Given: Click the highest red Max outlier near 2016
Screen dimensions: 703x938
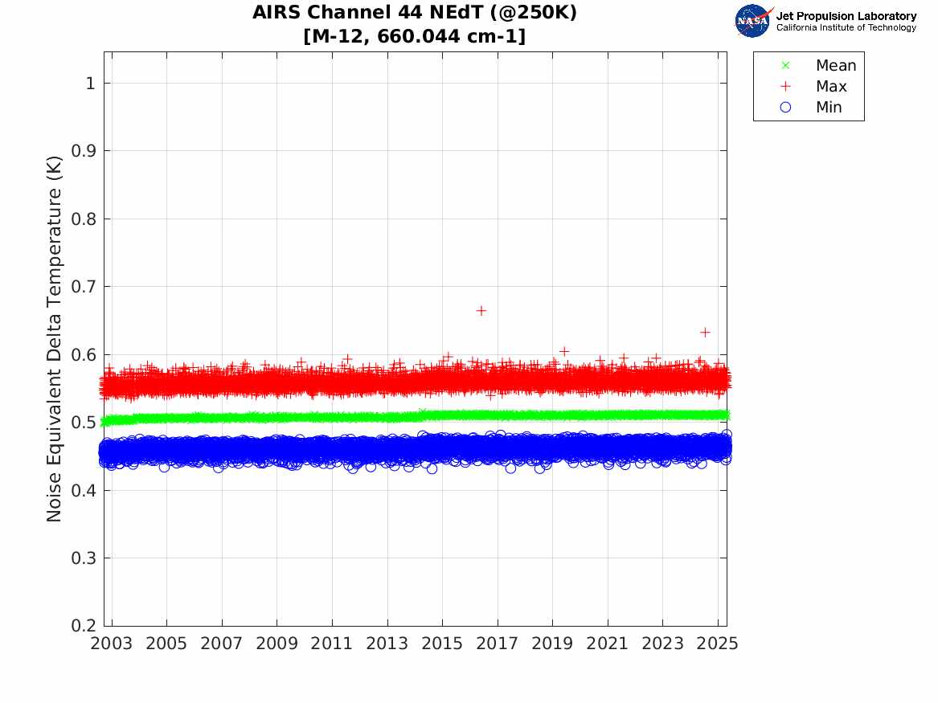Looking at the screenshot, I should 481,310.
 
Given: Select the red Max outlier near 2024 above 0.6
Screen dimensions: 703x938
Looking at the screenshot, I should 705,332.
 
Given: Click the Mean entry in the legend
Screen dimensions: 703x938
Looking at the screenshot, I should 836,66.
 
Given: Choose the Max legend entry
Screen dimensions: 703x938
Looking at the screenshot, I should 831,87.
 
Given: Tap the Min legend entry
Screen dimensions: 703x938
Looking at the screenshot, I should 829,108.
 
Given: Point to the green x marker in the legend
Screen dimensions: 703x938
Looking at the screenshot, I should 786,66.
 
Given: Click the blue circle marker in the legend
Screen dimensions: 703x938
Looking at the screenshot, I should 786,108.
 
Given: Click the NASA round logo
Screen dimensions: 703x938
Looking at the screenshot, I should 752,21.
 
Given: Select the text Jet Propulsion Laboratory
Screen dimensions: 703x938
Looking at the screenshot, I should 846,16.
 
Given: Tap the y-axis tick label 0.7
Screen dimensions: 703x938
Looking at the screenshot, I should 85,287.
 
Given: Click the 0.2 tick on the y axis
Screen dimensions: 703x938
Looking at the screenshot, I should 85,626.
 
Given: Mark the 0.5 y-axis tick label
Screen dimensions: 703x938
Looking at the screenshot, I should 85,423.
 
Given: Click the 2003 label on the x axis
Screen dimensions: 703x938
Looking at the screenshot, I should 112,644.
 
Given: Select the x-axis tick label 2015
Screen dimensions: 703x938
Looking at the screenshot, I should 442,644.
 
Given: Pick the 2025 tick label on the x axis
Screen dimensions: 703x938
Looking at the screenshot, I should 717,644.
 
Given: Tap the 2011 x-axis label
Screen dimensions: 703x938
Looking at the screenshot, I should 332,644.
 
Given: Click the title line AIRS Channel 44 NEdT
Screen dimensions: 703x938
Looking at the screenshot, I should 415,14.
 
